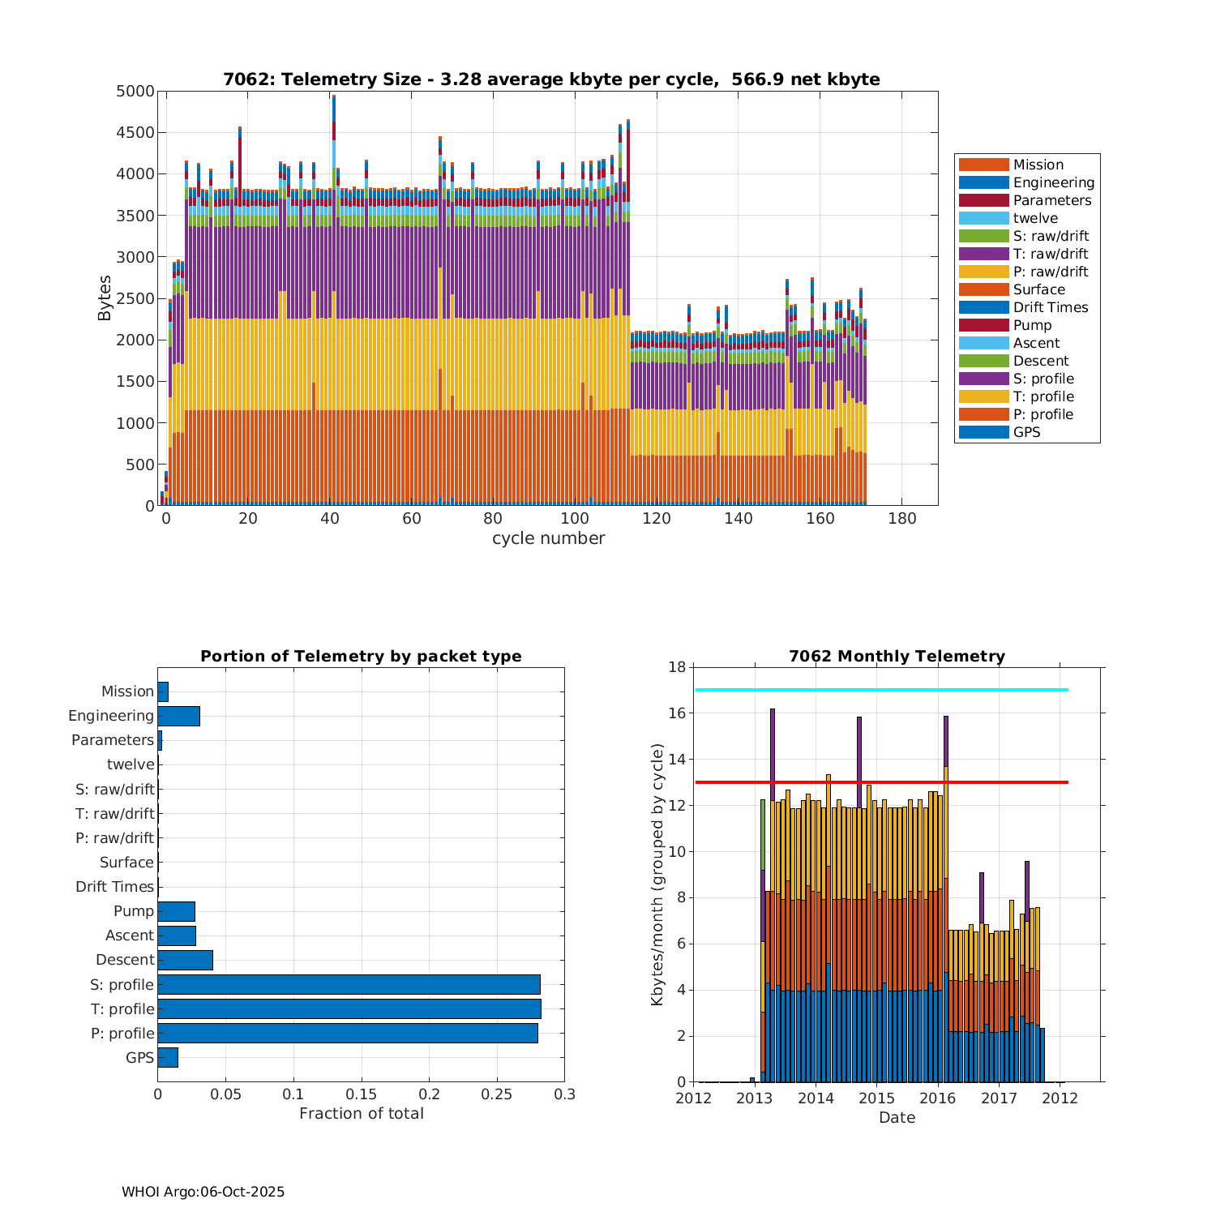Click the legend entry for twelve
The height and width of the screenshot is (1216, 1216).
[x=1035, y=218]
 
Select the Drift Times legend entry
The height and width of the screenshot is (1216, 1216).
[x=1050, y=307]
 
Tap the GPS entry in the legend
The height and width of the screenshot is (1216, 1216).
[x=1026, y=432]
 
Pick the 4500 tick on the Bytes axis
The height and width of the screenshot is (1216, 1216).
[x=135, y=133]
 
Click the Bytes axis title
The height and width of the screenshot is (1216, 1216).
[x=105, y=298]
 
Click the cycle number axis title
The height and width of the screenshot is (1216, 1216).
[x=548, y=538]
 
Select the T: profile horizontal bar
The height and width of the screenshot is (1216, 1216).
[x=349, y=1008]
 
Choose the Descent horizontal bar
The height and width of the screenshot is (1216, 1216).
[x=185, y=960]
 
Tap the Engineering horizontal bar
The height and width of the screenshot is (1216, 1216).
[x=178, y=716]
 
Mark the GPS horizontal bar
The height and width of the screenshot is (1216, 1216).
[x=168, y=1057]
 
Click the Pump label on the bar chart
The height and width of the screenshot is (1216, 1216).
[x=134, y=911]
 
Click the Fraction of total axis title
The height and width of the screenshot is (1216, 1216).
[x=362, y=1114]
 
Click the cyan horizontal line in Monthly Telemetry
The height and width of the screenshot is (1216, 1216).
[x=881, y=690]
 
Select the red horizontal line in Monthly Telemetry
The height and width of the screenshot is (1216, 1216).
[x=881, y=782]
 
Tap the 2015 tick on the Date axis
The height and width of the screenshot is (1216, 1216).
[x=876, y=1098]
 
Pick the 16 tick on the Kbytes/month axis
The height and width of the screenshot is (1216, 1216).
[x=677, y=713]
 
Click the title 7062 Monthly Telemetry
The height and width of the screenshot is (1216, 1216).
[x=897, y=656]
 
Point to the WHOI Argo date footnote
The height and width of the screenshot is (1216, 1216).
[x=203, y=1192]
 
